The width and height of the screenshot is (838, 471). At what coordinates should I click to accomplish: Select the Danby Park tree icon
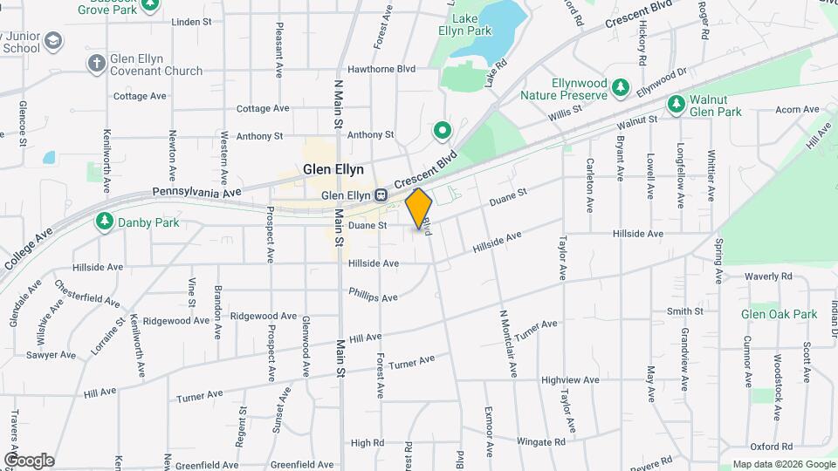[x=105, y=222]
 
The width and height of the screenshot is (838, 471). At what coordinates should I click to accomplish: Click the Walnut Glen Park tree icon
[x=676, y=105]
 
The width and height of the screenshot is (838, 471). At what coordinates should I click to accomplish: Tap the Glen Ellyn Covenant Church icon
[x=96, y=64]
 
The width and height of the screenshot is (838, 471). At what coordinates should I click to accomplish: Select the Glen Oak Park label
[x=779, y=314]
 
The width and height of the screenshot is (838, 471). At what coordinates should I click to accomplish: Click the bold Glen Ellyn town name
[x=333, y=169]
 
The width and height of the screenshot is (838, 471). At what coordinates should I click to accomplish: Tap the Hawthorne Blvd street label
[x=381, y=69]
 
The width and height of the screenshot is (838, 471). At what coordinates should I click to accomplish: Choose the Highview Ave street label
[x=570, y=380]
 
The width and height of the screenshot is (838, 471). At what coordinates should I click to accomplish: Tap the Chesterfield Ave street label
[x=87, y=293]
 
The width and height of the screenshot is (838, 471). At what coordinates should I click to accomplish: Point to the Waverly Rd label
[x=767, y=276]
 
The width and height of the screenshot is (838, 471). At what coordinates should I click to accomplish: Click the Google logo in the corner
[x=29, y=460]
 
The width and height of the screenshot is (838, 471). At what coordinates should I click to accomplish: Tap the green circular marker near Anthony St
[x=443, y=132]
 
